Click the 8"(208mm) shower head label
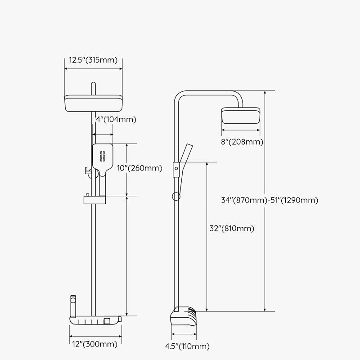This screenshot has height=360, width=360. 243,142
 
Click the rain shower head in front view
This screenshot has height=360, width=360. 93,104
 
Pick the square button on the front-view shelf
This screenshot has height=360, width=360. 108,321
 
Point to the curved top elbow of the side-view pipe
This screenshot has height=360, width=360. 180,97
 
